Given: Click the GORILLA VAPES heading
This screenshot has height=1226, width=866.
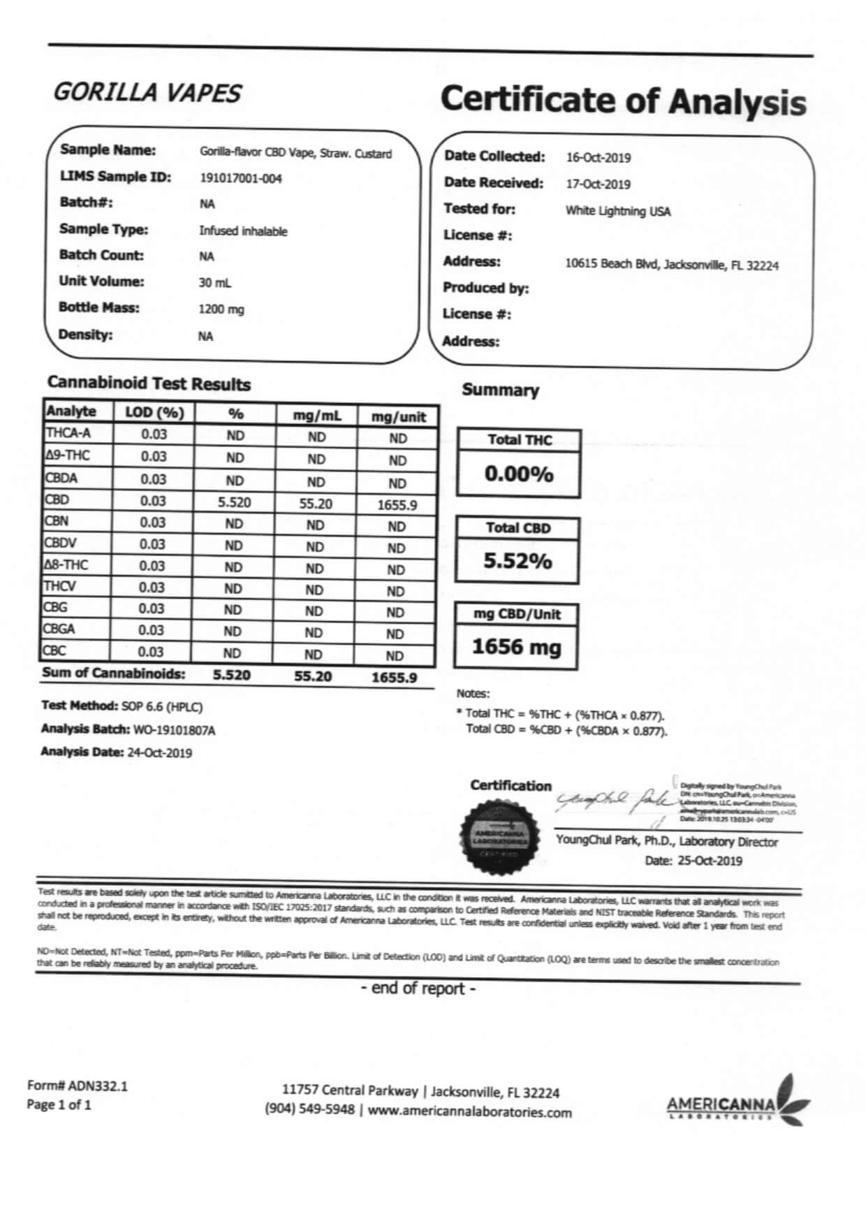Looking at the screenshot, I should (147, 93).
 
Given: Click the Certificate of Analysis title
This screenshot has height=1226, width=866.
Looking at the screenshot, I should (622, 101).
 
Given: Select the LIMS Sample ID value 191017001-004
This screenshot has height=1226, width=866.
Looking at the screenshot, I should (241, 179).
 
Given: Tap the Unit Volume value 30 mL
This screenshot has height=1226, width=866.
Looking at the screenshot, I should (214, 283).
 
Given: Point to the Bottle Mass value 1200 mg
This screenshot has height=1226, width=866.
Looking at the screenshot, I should (221, 309).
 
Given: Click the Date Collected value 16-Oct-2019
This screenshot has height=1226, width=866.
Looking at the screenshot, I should (598, 158).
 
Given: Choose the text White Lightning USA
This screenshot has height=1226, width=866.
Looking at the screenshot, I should (617, 211).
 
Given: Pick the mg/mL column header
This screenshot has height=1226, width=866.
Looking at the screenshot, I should (317, 416).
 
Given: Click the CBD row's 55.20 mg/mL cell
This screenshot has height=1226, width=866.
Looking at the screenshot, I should (316, 504).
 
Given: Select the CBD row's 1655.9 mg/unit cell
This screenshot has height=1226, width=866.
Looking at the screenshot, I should (397, 505).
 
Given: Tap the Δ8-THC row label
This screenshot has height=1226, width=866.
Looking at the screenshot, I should (66, 564).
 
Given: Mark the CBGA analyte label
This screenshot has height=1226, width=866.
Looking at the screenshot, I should (59, 629).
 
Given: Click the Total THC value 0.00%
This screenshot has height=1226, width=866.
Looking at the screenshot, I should (519, 474).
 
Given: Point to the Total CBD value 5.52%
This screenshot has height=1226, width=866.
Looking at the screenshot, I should (518, 561).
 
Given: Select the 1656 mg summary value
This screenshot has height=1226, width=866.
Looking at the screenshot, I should (517, 647).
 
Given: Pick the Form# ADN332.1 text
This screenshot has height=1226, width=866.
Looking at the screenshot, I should (77, 1086).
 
